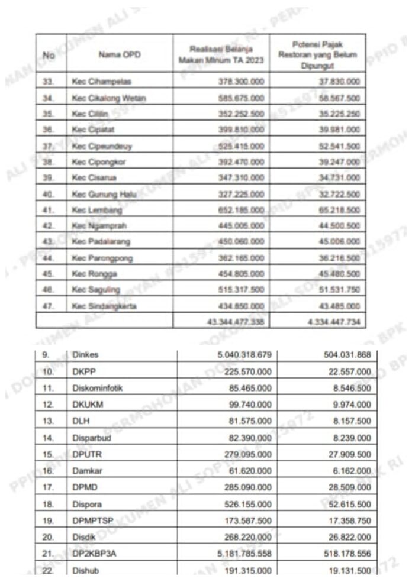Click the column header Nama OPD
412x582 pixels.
pos(110,55)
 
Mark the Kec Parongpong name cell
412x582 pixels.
pos(102,258)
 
